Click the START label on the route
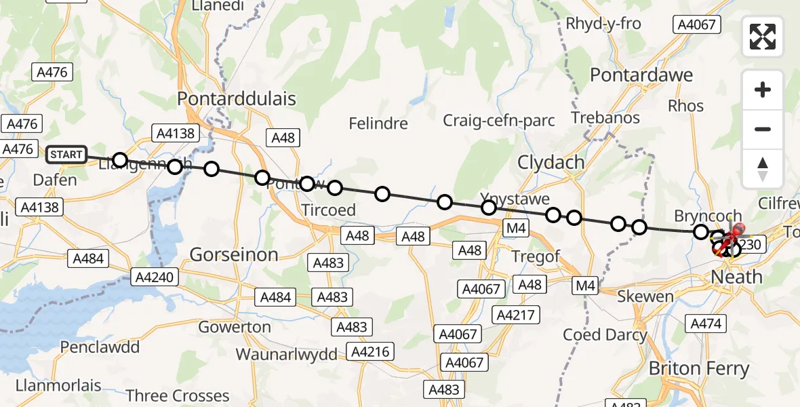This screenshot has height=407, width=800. (x=66, y=155)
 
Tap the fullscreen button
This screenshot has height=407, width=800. (x=763, y=37)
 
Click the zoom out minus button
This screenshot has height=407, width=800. (x=763, y=129)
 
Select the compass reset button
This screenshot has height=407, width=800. (x=763, y=169)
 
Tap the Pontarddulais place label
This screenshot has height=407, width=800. (x=237, y=98)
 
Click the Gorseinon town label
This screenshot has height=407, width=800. (x=234, y=254)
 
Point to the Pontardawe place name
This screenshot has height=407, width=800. (x=641, y=75)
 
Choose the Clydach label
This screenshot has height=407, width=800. (x=551, y=163)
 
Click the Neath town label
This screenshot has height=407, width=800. (x=736, y=277)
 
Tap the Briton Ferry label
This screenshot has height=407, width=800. (x=699, y=369)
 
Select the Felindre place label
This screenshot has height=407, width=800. (x=378, y=123)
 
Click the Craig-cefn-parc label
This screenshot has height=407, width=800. (x=499, y=121)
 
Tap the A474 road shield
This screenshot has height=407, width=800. (x=705, y=324)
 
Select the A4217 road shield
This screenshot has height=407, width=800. (x=517, y=315)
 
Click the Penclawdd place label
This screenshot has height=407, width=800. (x=100, y=347)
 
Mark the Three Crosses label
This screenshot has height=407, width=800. (x=178, y=395)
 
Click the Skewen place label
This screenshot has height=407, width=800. (x=645, y=296)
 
